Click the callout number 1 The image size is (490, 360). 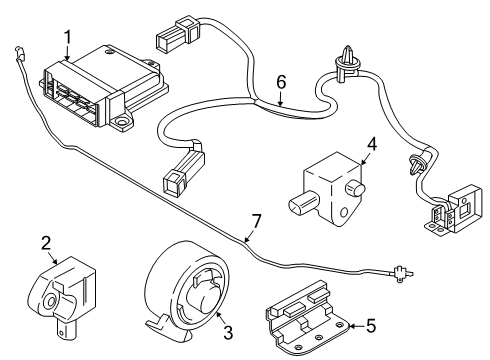tap(68, 37)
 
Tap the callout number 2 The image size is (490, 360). tap(46, 242)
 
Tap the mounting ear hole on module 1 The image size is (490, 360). tap(124, 124)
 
